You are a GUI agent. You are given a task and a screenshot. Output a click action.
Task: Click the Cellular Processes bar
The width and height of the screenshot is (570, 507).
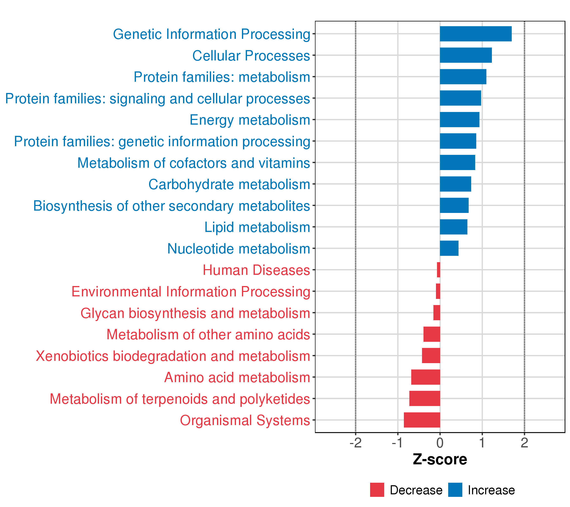coord(466,55)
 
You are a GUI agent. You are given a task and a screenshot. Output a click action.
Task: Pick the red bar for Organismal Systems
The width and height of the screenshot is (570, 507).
coord(422,420)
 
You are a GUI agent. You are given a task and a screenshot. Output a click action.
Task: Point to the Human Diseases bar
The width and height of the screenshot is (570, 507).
coord(439,270)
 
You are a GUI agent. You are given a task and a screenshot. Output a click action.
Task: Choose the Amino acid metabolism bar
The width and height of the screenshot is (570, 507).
coord(426,377)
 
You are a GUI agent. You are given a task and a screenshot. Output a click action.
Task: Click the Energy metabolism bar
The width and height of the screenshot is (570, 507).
coord(460,119)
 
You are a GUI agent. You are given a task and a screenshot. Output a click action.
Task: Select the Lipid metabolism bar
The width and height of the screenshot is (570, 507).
coord(453,227)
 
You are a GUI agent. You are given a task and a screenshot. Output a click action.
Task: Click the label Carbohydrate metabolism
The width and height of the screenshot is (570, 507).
coord(229,184)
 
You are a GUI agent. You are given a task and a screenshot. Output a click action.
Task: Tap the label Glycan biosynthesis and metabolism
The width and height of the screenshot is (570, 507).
coord(195,313)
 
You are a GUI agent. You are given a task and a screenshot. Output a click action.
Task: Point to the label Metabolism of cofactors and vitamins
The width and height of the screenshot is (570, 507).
coord(194,163)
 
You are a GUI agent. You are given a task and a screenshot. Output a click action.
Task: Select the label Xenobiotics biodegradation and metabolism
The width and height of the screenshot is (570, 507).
coord(173,356)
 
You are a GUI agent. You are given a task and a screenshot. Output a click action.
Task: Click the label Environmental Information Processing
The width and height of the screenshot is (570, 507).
coord(191,292)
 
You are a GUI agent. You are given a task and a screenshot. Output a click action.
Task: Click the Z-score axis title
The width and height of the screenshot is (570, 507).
coord(440,459)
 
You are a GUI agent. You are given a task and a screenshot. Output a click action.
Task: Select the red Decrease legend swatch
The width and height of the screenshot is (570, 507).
coord(377,490)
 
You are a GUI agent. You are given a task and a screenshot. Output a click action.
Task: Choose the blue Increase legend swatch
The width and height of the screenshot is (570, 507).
coord(455,490)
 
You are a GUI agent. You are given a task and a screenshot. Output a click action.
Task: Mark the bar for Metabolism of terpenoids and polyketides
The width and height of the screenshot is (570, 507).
coord(425,398)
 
